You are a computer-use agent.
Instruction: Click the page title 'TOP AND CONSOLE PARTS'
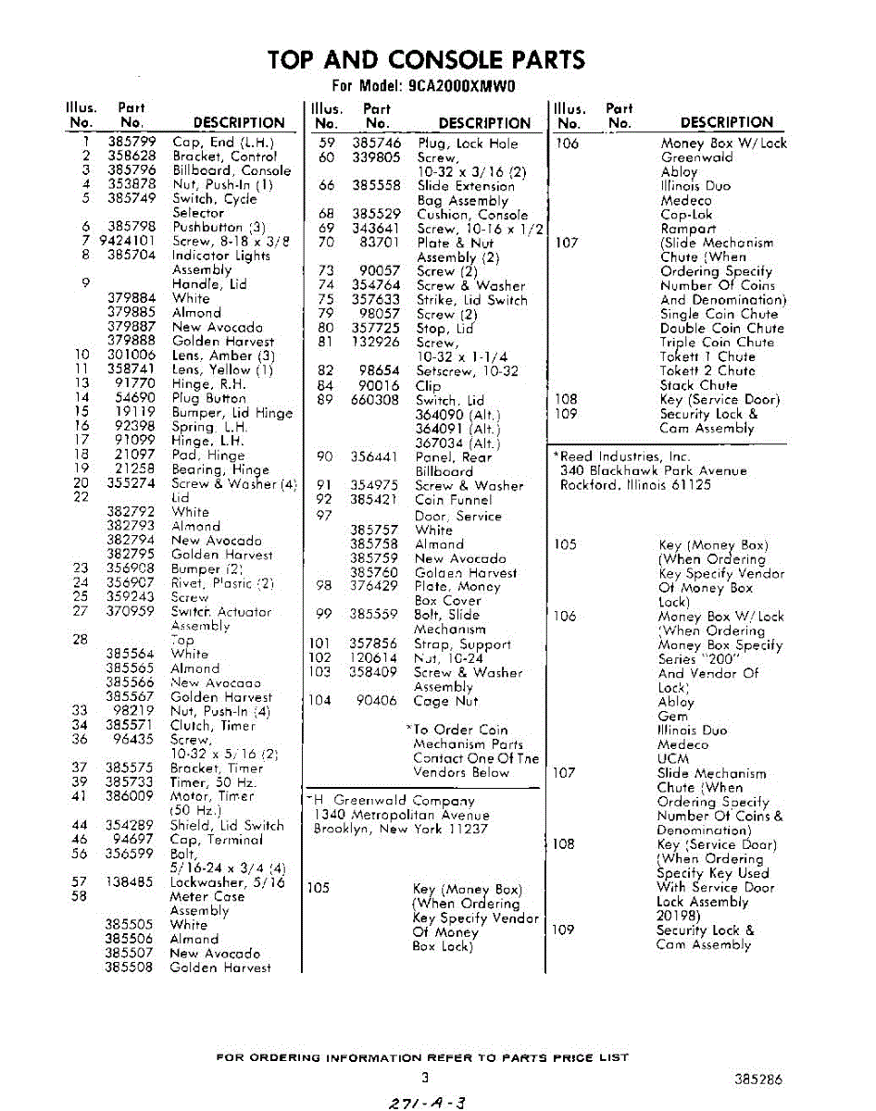(426, 60)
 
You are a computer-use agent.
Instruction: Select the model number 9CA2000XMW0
(460, 87)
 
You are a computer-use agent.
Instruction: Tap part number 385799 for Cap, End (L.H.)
(131, 143)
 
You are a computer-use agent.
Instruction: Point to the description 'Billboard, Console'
(232, 170)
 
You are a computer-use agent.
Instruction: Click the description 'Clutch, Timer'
(212, 726)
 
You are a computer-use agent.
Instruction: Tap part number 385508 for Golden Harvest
(129, 967)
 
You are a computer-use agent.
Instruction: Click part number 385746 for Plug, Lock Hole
(376, 144)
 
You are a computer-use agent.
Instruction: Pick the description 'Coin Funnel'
(455, 499)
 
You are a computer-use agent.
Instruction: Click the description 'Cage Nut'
(445, 701)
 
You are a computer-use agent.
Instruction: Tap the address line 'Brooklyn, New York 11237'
(400, 830)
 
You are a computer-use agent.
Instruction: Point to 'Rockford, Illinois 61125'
(635, 485)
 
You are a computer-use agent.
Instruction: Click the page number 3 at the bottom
(424, 1078)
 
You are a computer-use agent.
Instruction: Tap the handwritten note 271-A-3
(428, 1101)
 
